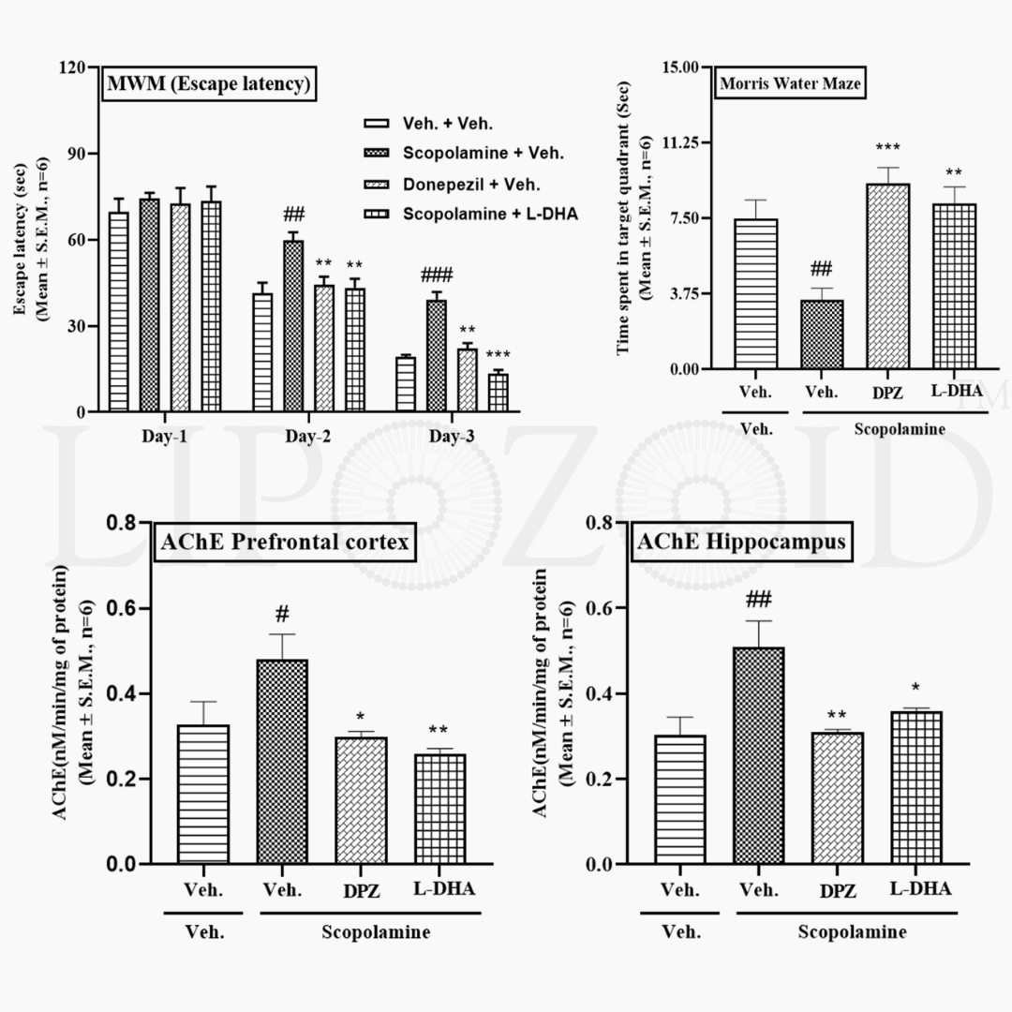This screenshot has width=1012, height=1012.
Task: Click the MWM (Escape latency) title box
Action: tap(208, 85)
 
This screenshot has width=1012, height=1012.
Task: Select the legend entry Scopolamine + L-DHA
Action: tap(490, 214)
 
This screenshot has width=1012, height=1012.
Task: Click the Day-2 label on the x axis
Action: tap(308, 437)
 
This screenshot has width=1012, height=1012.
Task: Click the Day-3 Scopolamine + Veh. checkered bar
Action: tap(437, 356)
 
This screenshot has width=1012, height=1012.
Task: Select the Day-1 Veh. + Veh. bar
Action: tap(119, 312)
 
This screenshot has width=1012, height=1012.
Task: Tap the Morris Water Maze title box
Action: tap(790, 84)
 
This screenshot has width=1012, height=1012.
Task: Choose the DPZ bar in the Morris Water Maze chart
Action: tap(887, 276)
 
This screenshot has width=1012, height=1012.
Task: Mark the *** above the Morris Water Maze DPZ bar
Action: tap(887, 149)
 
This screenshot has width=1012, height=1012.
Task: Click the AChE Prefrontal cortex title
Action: tap(287, 543)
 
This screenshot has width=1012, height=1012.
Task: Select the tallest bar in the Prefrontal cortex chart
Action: tap(281, 762)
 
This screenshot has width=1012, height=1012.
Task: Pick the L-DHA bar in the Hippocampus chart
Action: tap(916, 787)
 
